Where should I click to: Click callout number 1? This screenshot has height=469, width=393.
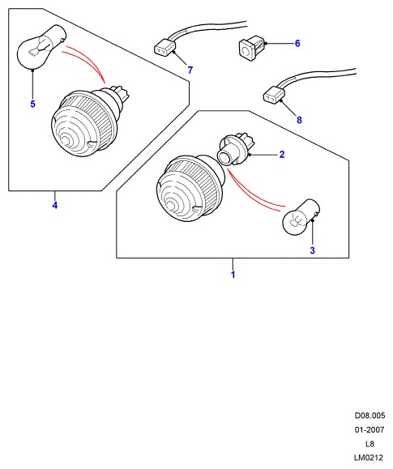pyautogui.click(x=233, y=275)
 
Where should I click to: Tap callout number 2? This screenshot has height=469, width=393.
pyautogui.click(x=282, y=155)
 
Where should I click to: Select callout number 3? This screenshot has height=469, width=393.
pyautogui.click(x=312, y=250)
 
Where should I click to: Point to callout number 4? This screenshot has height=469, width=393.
pyautogui.click(x=55, y=206)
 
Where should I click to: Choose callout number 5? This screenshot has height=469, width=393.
pyautogui.click(x=32, y=104)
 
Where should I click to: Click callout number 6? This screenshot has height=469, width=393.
pyautogui.click(x=297, y=44)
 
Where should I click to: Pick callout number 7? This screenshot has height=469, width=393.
pyautogui.click(x=190, y=70)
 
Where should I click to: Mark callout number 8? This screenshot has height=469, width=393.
pyautogui.click(x=299, y=120)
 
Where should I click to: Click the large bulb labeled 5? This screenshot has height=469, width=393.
pyautogui.click(x=40, y=47)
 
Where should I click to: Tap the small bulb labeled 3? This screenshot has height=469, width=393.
pyautogui.click(x=301, y=217)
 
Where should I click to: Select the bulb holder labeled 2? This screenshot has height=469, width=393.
pyautogui.click(x=233, y=150)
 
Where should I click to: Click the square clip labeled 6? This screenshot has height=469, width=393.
pyautogui.click(x=252, y=48)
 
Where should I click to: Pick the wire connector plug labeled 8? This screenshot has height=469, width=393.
pyautogui.click(x=274, y=94)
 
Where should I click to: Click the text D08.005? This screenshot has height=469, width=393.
pyautogui.click(x=370, y=416)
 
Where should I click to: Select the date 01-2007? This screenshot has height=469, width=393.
pyautogui.click(x=370, y=430)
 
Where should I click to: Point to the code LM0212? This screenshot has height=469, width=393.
pyautogui.click(x=369, y=458)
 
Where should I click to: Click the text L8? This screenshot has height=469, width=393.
pyautogui.click(x=370, y=444)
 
